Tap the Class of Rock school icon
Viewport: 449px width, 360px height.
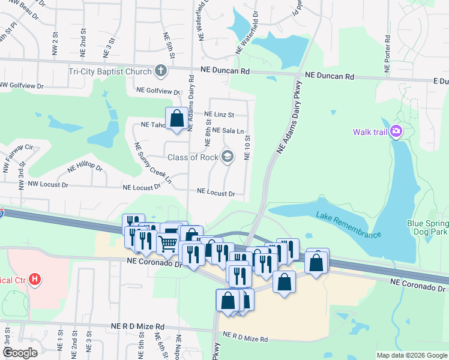(x=228, y=157)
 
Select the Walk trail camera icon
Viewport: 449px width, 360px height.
(x=396, y=132)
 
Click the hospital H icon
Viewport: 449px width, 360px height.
(x=35, y=280)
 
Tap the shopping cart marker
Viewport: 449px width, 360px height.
(x=167, y=242)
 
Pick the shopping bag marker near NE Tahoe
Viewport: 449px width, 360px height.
(x=177, y=118)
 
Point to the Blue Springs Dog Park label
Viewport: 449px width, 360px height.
(x=428, y=227)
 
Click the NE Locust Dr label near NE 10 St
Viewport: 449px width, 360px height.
(x=215, y=193)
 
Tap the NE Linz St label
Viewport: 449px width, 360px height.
(x=218, y=114)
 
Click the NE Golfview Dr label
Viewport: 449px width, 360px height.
(x=158, y=91)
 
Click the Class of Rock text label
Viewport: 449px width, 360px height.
(x=193, y=157)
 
